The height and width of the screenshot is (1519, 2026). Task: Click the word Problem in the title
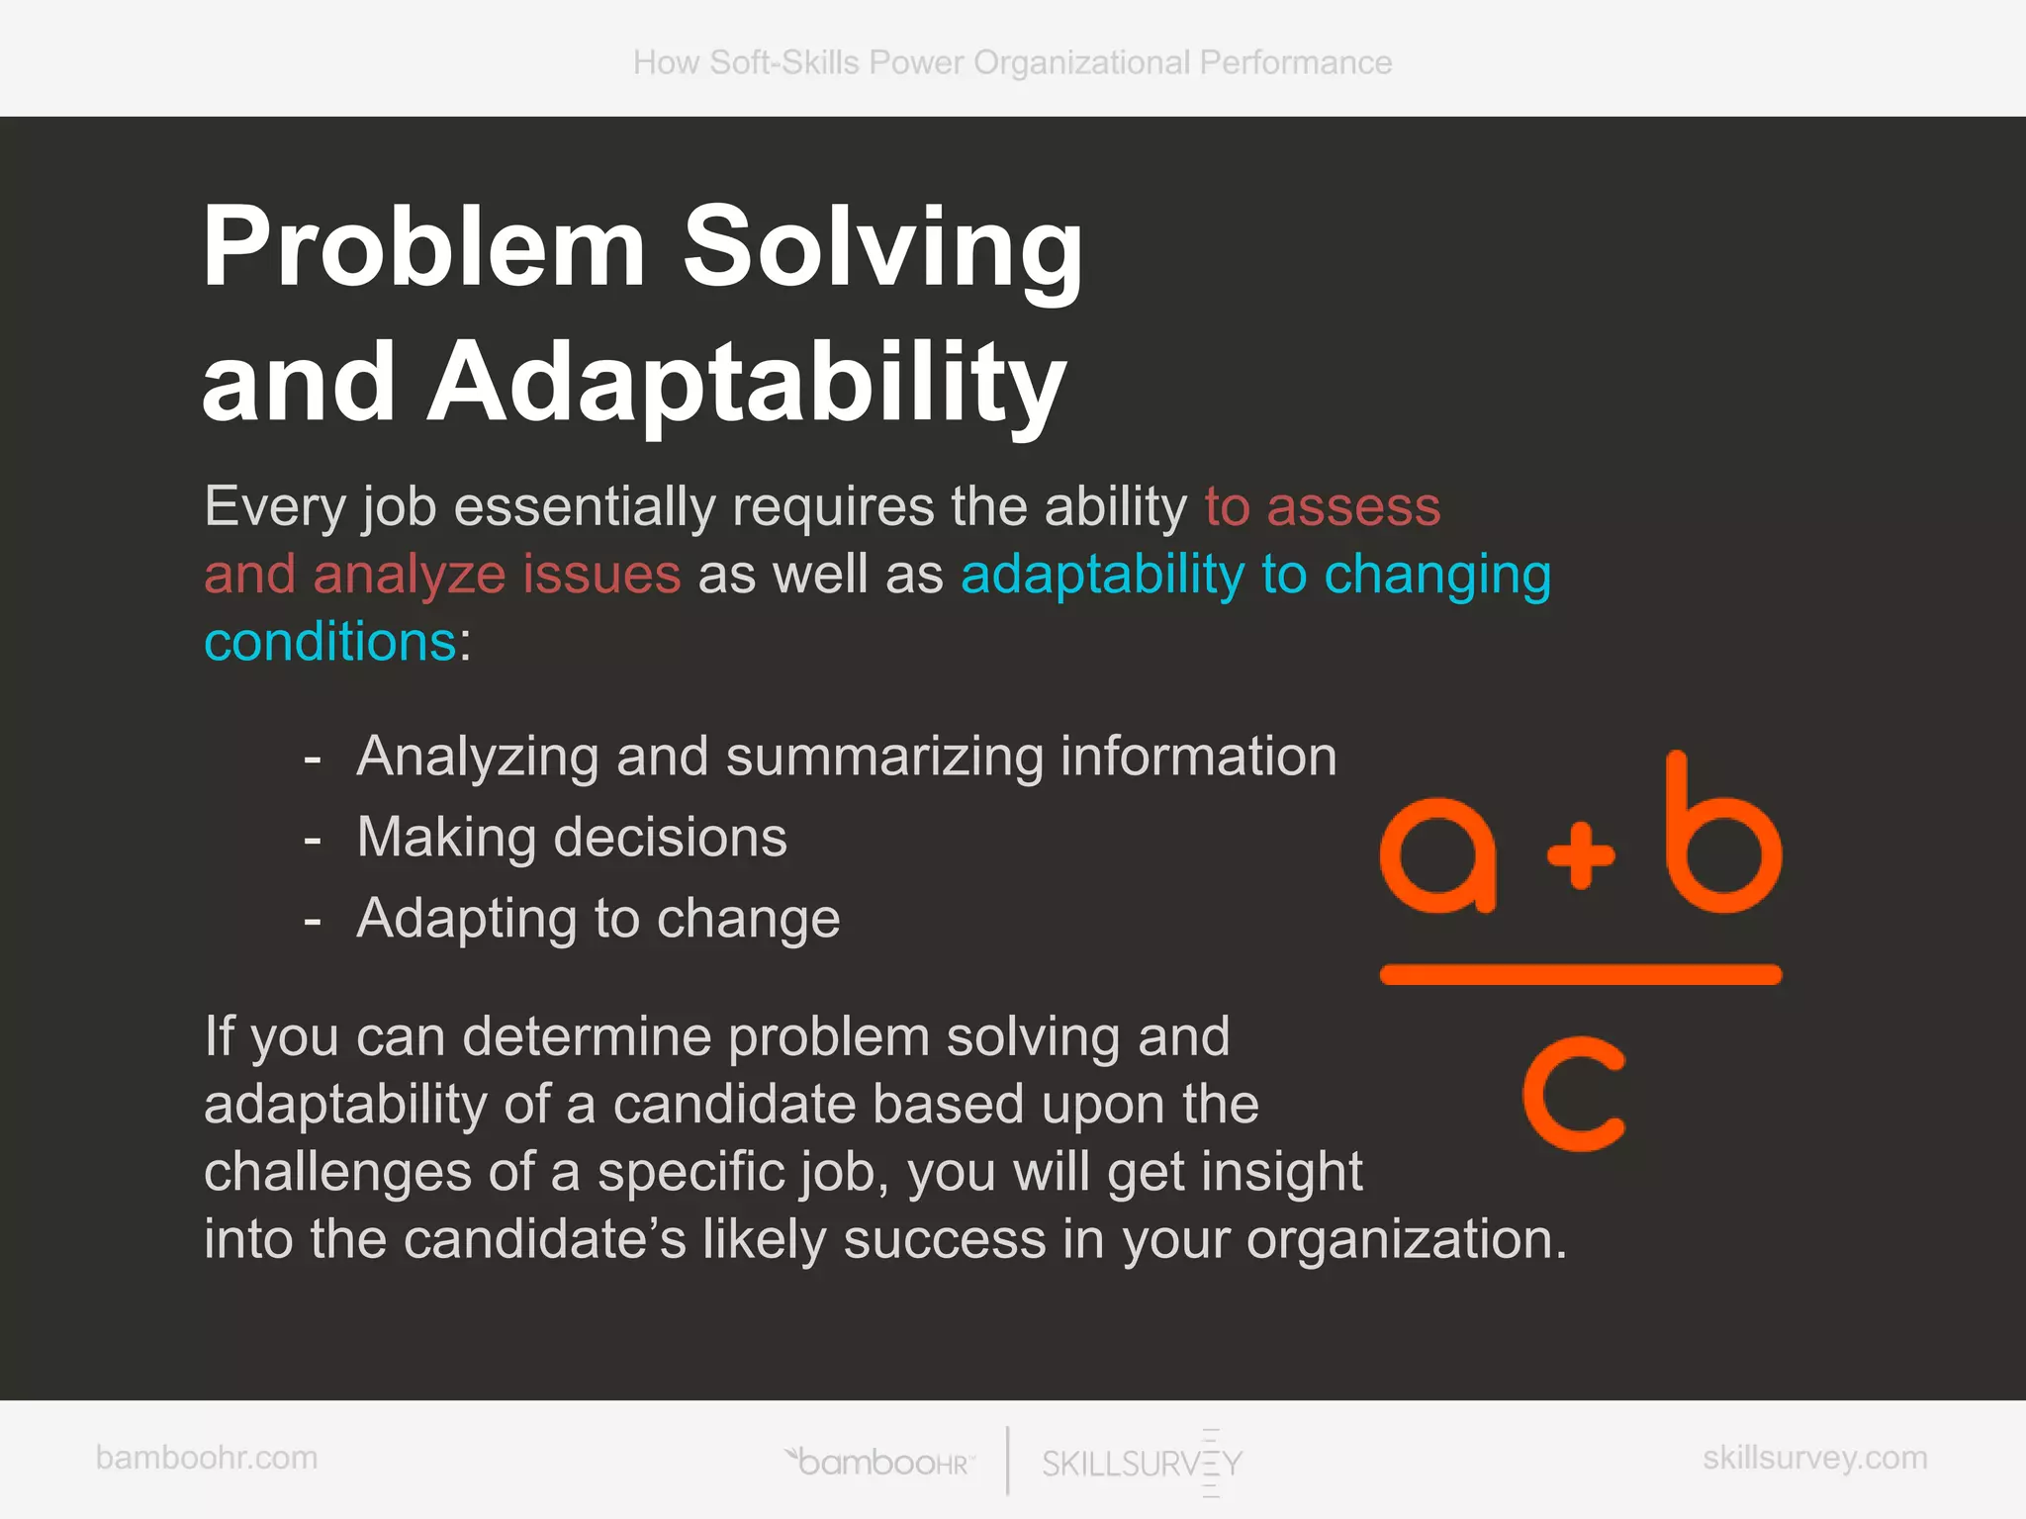423,247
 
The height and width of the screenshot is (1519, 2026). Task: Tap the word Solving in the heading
882,247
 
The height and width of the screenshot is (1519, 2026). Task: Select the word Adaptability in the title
747,384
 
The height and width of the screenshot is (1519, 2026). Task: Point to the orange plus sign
1581,854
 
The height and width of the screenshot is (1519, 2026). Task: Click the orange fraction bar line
1580,975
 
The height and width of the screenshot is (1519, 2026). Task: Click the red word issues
601,575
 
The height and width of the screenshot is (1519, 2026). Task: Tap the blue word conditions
330,642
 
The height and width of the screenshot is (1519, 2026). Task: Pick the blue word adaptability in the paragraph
1102,575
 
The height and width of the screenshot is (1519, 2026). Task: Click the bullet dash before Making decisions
313,840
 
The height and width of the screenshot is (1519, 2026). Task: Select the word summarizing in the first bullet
884,757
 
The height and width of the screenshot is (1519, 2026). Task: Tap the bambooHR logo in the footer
880,1461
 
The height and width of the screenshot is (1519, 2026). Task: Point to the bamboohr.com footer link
207,1458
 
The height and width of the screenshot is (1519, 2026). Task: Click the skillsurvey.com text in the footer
1814,1458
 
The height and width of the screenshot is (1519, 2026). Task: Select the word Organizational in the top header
1081,62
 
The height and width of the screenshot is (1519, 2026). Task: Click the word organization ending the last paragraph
1405,1239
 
